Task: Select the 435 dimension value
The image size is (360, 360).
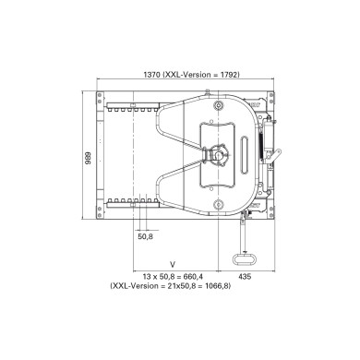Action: [x=245, y=276]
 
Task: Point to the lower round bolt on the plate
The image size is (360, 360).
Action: [x=219, y=203]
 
